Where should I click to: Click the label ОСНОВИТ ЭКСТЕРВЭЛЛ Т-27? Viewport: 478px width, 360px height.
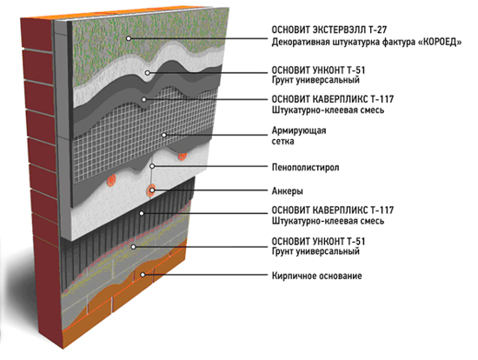pyautogui.click(x=329, y=30)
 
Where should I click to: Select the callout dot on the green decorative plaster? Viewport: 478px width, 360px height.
pyautogui.click(x=129, y=38)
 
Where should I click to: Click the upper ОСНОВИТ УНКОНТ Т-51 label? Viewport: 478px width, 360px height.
pyautogui.click(x=318, y=70)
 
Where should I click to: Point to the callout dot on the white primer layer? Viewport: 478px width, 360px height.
pyautogui.click(x=148, y=73)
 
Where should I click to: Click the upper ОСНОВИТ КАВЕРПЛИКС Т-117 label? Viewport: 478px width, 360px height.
pyautogui.click(x=333, y=99)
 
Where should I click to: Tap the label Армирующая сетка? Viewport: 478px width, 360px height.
pyautogui.click(x=299, y=136)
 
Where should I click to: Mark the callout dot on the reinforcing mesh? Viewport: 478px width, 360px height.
pyautogui.click(x=164, y=135)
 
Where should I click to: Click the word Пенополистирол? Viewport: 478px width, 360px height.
pyautogui.click(x=305, y=167)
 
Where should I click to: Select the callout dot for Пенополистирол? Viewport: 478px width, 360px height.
pyautogui.click(x=152, y=166)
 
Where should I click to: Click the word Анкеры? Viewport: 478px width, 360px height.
pyautogui.click(x=288, y=191)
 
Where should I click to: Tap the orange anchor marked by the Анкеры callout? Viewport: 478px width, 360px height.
pyautogui.click(x=151, y=190)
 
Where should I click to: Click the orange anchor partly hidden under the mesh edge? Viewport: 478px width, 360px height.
pyautogui.click(x=183, y=157)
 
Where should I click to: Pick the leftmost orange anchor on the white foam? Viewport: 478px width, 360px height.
pyautogui.click(x=111, y=180)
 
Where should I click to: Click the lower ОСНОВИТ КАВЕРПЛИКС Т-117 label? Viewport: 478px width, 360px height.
pyautogui.click(x=333, y=210)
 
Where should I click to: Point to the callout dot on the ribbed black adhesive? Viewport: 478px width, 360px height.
pyautogui.click(x=142, y=214)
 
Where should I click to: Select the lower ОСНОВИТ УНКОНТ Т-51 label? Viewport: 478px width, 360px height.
pyautogui.click(x=318, y=242)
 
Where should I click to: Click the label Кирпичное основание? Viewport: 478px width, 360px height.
pyautogui.click(x=316, y=276)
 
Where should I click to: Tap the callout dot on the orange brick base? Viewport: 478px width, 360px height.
pyautogui.click(x=143, y=275)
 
